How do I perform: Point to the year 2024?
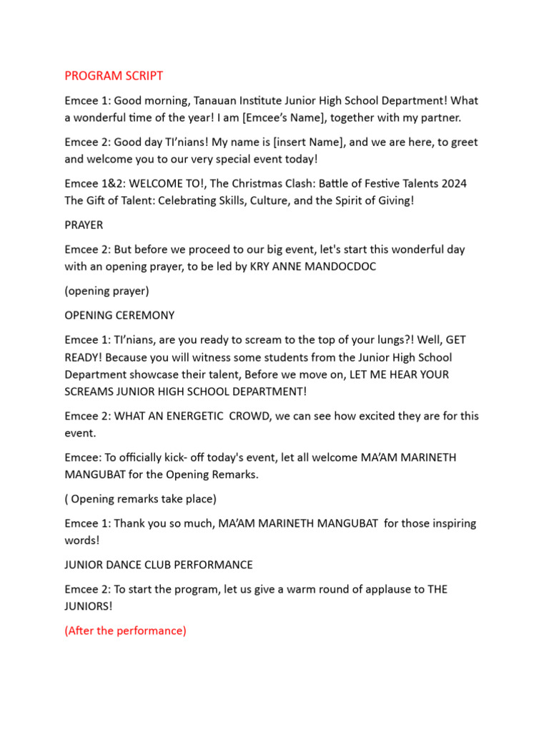click(x=453, y=183)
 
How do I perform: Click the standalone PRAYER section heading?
click(x=84, y=225)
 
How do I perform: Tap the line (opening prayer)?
click(x=107, y=291)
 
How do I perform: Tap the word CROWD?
click(x=249, y=416)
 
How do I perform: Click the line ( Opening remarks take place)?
click(x=140, y=499)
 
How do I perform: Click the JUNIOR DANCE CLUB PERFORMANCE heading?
click(x=159, y=565)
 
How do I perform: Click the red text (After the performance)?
click(x=125, y=631)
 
